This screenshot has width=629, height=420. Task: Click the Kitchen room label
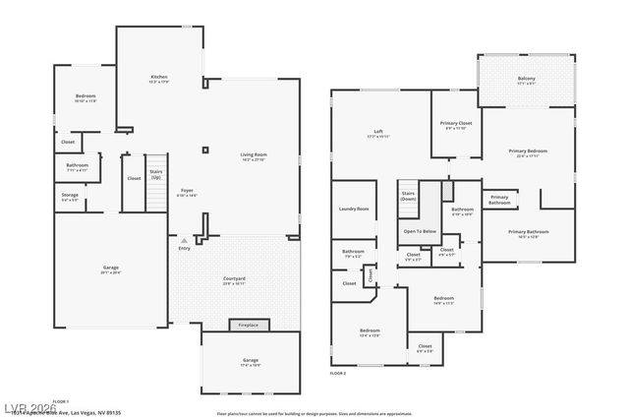click(158, 79)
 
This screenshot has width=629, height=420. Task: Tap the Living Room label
click(254, 156)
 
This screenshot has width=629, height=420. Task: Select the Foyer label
click(187, 193)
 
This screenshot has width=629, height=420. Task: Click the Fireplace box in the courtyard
click(249, 325)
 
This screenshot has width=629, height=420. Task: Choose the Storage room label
click(70, 197)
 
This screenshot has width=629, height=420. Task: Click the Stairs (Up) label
click(155, 175)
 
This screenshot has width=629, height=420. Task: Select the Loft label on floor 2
click(377, 133)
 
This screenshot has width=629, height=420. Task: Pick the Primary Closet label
click(458, 125)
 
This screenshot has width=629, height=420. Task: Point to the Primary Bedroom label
click(527, 152)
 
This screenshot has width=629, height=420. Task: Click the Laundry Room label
click(354, 209)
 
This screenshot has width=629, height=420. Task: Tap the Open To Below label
click(420, 231)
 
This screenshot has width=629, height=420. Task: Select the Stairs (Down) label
click(408, 196)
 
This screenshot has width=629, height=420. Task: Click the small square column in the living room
click(204, 150)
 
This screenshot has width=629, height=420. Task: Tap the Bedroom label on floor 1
click(86, 97)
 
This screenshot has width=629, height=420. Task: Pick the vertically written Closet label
click(371, 275)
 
